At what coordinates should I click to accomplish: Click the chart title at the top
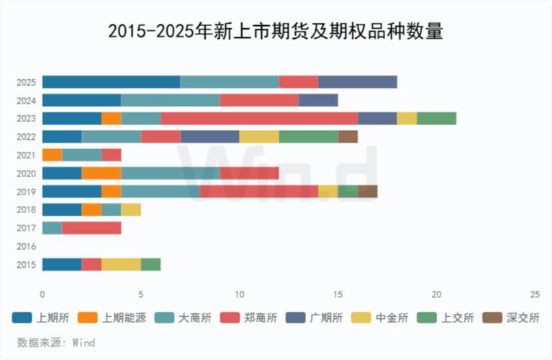(276, 31)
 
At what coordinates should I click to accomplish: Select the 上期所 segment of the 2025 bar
(111, 82)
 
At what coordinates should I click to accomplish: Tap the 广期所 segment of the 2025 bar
(357, 82)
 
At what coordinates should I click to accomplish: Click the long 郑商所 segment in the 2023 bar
(259, 119)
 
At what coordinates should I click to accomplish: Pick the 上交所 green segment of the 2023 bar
(436, 119)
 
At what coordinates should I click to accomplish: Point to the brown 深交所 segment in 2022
(348, 137)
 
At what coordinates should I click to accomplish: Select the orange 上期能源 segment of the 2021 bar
(52, 155)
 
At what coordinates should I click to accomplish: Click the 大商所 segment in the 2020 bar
(170, 173)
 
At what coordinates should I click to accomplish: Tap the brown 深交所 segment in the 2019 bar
(367, 192)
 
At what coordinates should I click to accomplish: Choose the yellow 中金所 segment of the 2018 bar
(131, 210)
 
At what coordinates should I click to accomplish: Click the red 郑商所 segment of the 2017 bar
(91, 228)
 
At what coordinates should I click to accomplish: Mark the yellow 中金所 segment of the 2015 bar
(121, 264)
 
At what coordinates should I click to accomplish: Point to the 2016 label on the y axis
(26, 246)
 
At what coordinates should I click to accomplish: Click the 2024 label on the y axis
(26, 100)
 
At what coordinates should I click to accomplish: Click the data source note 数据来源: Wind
(56, 343)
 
